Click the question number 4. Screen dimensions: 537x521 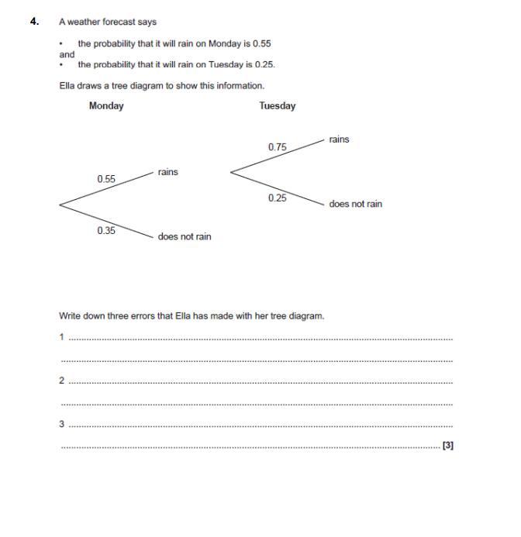[x=34, y=22]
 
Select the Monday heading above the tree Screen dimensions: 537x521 [x=106, y=106]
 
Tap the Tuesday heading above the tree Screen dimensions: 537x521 [x=277, y=106]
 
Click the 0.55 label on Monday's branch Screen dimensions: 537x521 [x=106, y=179]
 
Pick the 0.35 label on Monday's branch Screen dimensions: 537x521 [x=106, y=230]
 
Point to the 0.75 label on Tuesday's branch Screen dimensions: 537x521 [x=278, y=147]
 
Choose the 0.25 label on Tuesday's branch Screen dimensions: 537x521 [x=278, y=198]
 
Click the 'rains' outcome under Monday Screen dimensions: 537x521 [x=167, y=172]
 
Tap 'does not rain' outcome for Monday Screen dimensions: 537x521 [x=184, y=236]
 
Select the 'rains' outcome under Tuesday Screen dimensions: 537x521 [x=339, y=139]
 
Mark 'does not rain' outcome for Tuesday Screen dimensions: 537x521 [x=355, y=205]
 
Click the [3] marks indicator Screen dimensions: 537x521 [x=447, y=446]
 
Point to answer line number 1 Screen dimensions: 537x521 [x=260, y=339]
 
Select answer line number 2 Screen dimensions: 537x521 [x=260, y=382]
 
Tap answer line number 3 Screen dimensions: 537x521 [x=260, y=425]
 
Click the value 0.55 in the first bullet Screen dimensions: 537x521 [x=262, y=44]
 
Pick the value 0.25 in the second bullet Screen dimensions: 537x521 [x=264, y=65]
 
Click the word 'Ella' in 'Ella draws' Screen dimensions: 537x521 [x=68, y=86]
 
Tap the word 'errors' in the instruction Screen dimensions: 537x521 [x=160, y=316]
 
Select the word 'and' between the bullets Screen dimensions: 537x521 [x=67, y=55]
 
